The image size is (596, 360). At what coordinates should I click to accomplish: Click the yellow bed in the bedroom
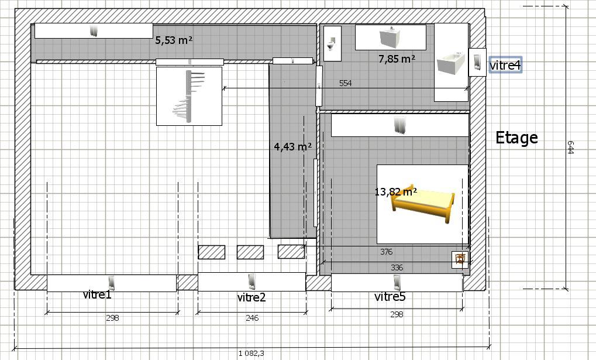tap(423, 204)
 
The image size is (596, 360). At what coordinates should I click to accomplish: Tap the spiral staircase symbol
tap(188, 96)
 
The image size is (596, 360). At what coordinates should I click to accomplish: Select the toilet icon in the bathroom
tap(332, 43)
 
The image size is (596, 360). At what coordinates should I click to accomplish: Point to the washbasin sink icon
tap(390, 37)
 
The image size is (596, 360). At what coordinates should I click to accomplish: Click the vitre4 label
tap(505, 65)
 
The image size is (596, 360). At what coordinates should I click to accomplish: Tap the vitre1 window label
tap(97, 294)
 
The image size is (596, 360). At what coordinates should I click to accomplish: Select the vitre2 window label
tap(252, 297)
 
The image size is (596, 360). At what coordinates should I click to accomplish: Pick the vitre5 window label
tap(390, 296)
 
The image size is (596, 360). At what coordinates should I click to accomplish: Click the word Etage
tap(516, 138)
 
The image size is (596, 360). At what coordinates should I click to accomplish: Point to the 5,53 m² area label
tap(174, 40)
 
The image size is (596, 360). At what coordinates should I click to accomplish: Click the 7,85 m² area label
tap(397, 59)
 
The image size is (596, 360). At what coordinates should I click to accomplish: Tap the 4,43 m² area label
tap(292, 146)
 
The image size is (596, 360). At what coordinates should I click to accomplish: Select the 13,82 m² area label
tap(396, 191)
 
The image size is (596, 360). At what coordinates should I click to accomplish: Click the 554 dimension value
tap(345, 83)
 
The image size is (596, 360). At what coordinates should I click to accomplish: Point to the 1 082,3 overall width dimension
tap(252, 354)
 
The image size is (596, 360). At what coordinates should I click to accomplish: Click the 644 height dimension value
tap(570, 148)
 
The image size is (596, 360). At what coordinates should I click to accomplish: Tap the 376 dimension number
tap(386, 252)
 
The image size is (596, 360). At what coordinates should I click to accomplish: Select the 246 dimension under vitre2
tap(252, 318)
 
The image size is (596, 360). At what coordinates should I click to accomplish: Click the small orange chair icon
tap(460, 259)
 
